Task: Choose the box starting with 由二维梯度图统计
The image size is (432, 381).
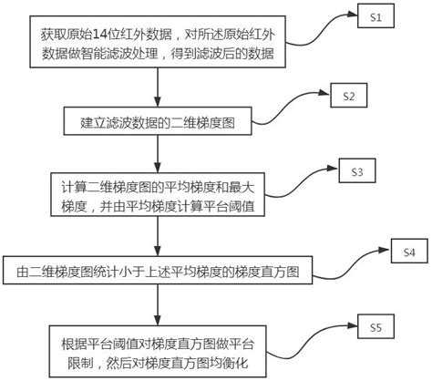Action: [x=159, y=271]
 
